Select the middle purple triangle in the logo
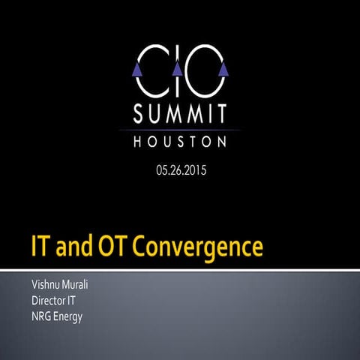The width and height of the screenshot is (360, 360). [178, 70]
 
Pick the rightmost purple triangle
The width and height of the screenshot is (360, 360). [222, 70]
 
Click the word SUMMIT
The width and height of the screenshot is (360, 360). [180, 115]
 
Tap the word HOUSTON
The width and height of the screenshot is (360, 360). [180, 141]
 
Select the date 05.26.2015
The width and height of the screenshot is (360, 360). [181, 170]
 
